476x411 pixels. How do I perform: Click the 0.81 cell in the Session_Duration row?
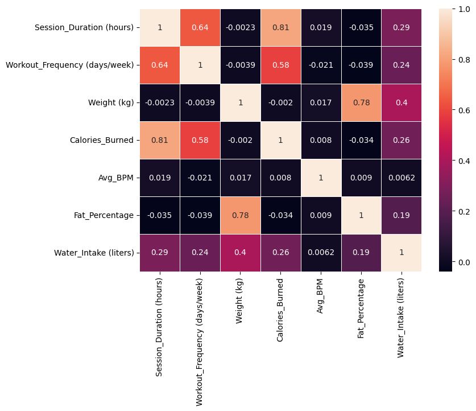pyautogui.click(x=281, y=27)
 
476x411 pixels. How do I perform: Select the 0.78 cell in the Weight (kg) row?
pyautogui.click(x=361, y=102)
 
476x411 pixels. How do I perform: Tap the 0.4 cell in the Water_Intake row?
pyautogui.click(x=241, y=253)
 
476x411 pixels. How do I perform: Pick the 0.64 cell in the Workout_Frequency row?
pyautogui.click(x=160, y=65)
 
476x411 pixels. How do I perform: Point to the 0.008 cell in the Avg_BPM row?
pyautogui.click(x=281, y=178)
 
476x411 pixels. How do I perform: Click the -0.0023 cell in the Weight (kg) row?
pyautogui.click(x=160, y=102)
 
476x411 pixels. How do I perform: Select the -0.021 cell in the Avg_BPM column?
pyautogui.click(x=321, y=65)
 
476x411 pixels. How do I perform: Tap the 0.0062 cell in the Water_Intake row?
pyautogui.click(x=321, y=253)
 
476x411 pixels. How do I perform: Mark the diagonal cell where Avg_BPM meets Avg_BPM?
pyautogui.click(x=321, y=178)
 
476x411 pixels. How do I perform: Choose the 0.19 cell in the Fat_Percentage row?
pyautogui.click(x=402, y=215)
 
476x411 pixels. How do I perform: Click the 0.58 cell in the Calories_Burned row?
pyautogui.click(x=200, y=140)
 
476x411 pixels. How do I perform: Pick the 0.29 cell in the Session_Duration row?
pyautogui.click(x=402, y=27)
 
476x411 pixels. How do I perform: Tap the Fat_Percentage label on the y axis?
pyautogui.click(x=105, y=215)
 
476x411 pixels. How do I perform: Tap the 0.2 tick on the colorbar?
pyautogui.click(x=465, y=212)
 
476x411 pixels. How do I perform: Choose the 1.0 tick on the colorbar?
pyautogui.click(x=465, y=9)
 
